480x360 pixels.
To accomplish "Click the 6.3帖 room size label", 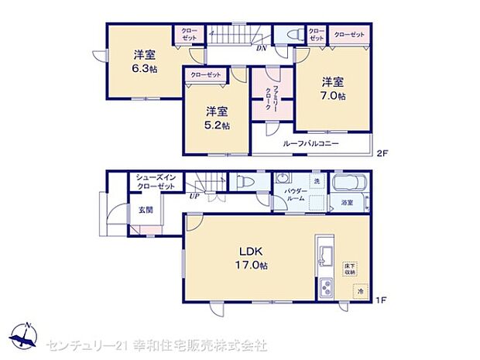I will (141, 67).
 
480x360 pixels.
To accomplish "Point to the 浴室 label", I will (347, 203).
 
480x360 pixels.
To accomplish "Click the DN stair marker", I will (263, 48).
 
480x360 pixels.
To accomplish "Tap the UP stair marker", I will (194, 197).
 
